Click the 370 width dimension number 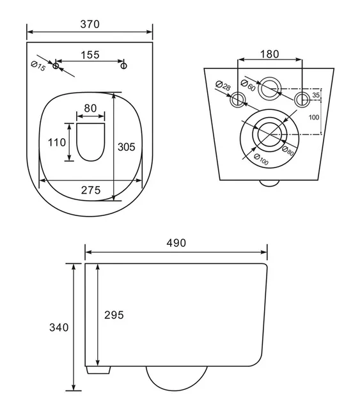[x=90, y=24]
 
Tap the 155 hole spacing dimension [x=90, y=55]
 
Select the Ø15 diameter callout [x=38, y=66]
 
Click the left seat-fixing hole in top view [x=56, y=66]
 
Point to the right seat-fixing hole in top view [x=123, y=66]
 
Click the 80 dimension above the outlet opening [x=90, y=108]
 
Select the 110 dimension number [x=57, y=143]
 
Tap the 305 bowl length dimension [x=127, y=147]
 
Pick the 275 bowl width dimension [x=91, y=190]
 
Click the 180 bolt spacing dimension [x=270, y=54]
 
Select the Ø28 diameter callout [x=223, y=86]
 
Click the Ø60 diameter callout [x=248, y=85]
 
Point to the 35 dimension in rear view [x=317, y=95]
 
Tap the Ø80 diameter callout [x=288, y=151]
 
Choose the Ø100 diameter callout [x=262, y=160]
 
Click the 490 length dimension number [x=176, y=243]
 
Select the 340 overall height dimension [x=59, y=327]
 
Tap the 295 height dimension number [x=114, y=315]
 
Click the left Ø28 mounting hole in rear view [x=238, y=100]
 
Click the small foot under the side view [x=98, y=370]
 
